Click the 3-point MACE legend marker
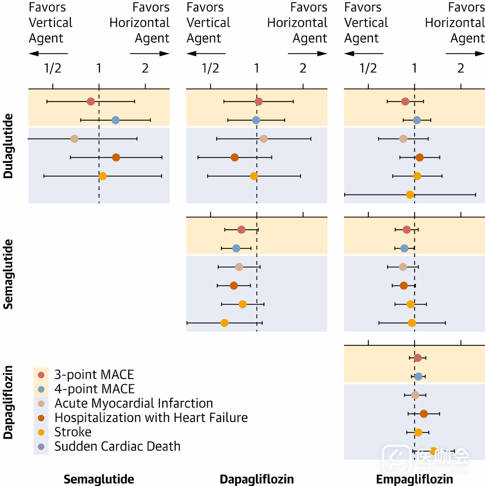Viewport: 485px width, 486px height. (41, 375)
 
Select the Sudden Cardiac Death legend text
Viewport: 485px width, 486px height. (117, 446)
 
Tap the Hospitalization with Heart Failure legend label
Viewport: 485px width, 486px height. (151, 418)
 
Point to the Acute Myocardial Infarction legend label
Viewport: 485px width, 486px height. (134, 403)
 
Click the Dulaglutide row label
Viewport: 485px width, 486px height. (8, 146)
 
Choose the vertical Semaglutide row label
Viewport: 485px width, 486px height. (8, 274)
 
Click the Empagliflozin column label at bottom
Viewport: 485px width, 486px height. (414, 479)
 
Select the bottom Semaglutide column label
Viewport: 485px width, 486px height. (99, 479)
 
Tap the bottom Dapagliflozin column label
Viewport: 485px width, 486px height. (257, 479)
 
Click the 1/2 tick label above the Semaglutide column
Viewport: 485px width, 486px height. (53, 68)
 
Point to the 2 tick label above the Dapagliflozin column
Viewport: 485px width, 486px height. (303, 68)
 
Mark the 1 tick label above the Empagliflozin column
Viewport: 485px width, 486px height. (414, 68)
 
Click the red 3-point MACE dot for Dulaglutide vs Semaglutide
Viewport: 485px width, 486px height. (91, 102)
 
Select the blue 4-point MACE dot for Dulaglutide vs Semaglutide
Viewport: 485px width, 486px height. (116, 120)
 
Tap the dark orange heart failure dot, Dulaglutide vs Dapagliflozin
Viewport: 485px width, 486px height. (235, 157)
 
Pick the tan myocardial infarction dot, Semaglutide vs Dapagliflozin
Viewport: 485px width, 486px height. (239, 267)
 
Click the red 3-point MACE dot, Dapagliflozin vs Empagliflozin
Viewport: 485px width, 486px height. (418, 358)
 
